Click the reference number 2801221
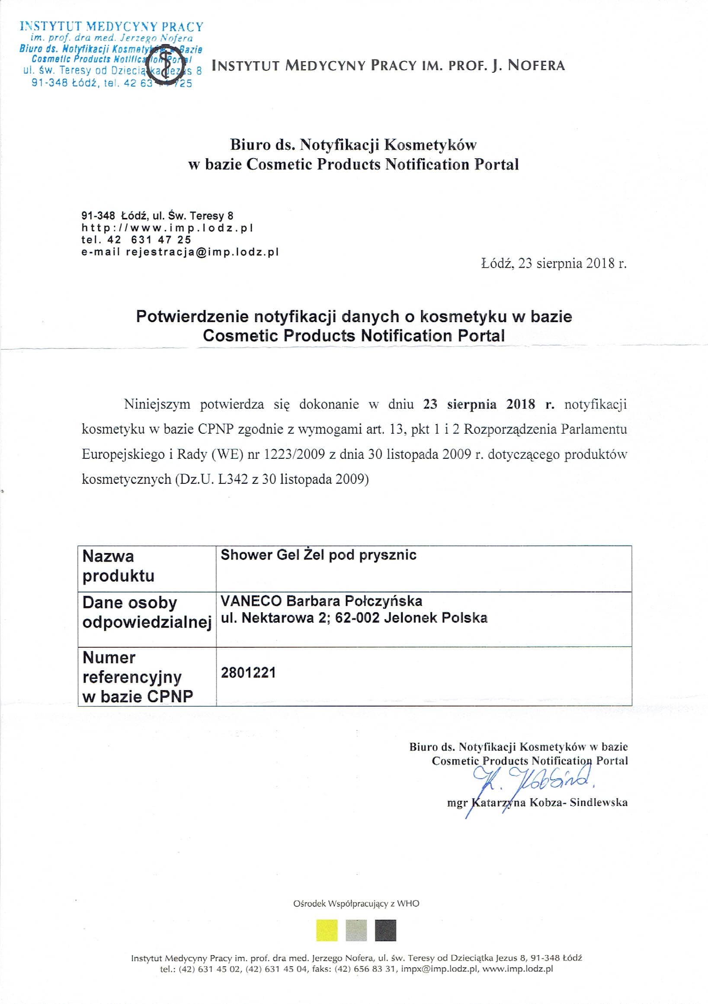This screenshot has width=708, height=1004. coord(248,672)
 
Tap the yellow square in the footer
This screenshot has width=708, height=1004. coord(327,930)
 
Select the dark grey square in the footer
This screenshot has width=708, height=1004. coord(385,930)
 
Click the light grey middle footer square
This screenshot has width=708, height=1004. coord(356,930)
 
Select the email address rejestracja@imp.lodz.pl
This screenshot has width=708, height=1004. coord(202,252)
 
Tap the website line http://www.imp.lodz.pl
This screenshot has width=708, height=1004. coord(167,228)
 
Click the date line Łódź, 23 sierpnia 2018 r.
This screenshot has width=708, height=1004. coord(554,263)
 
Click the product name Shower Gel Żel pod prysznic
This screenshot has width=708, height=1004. coord(318,555)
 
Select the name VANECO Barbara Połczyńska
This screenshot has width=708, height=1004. coord(321,601)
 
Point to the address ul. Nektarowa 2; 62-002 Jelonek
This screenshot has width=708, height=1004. coord(354,618)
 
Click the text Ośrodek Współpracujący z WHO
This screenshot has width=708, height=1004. coord(356,903)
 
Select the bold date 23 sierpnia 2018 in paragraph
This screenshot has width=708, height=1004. coord(479,404)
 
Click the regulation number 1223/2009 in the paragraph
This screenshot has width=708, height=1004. coord(294,454)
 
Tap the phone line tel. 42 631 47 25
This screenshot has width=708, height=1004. coord(136,240)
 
